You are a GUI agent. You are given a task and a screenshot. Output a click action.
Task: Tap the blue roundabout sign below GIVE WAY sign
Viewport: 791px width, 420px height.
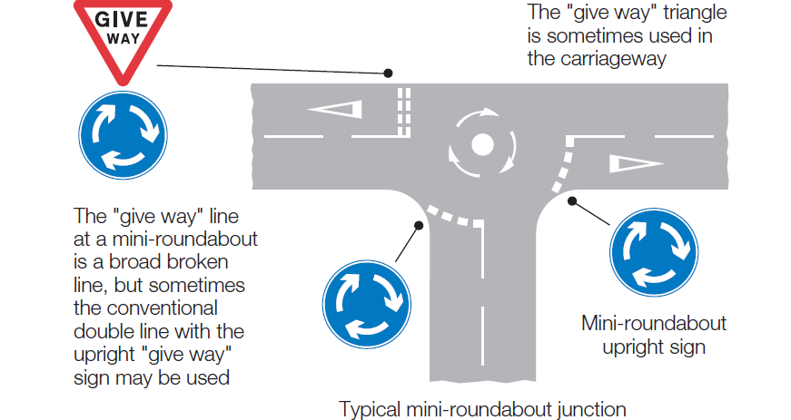122,135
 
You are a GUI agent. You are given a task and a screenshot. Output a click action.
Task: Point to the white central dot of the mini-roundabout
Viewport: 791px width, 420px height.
482,143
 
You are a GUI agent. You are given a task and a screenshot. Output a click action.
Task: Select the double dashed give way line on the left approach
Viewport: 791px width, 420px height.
404,112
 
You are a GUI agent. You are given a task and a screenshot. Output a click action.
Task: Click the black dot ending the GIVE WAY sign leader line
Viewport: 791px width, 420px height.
388,73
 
